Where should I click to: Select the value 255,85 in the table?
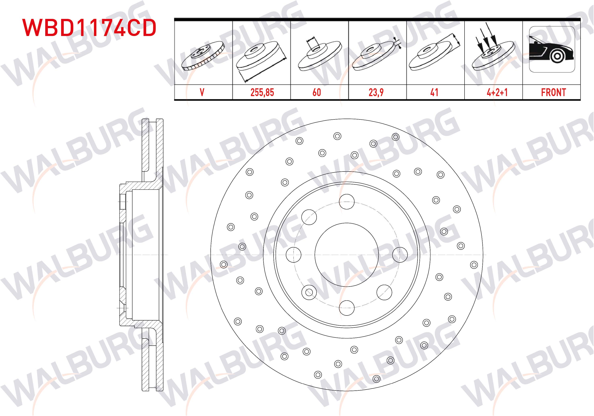point(262,92)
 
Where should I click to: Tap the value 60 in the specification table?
point(317,92)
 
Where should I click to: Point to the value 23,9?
point(376,92)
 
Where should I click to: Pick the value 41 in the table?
point(434,92)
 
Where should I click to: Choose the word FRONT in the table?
point(553,92)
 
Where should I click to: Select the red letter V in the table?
point(202,92)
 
